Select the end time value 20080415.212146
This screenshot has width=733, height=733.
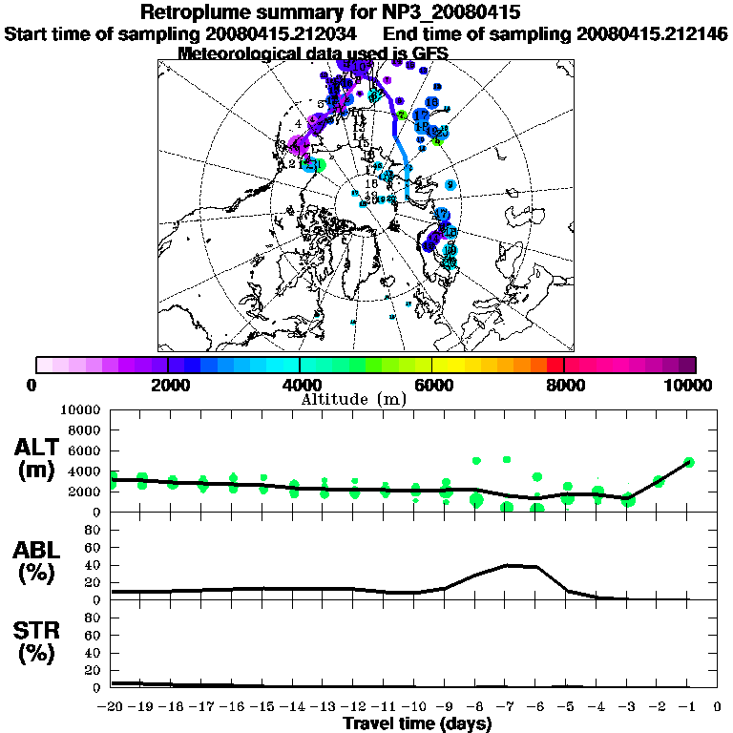click(653, 33)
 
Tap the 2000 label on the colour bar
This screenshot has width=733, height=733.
click(167, 385)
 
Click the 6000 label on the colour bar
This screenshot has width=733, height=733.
click(431, 385)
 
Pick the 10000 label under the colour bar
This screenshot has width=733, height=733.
click(688, 385)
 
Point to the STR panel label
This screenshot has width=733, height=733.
click(35, 631)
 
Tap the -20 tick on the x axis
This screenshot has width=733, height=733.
click(113, 707)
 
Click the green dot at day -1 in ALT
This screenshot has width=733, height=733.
click(689, 462)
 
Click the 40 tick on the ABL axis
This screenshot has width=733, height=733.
click(94, 565)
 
